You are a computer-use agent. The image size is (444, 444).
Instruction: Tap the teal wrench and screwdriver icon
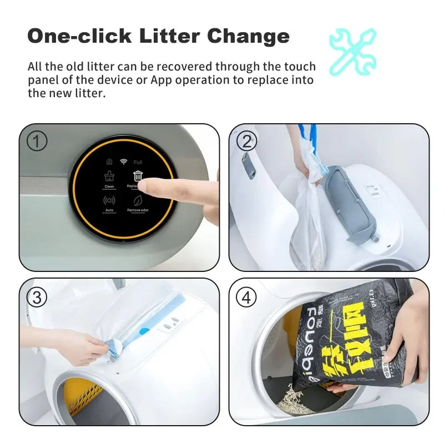352,52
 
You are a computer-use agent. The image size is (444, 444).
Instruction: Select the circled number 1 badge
37,142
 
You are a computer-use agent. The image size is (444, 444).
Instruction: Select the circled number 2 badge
246,142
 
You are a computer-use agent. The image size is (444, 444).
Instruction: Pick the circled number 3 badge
37,297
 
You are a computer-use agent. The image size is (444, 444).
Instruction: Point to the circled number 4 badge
246,297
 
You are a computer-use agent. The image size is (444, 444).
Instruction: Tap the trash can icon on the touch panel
137,176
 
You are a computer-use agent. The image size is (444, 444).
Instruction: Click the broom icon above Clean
109,176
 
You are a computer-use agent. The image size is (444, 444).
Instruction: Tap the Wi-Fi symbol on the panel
123,162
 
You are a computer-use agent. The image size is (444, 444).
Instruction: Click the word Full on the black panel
138,162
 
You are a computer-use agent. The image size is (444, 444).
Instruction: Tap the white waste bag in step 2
305,222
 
